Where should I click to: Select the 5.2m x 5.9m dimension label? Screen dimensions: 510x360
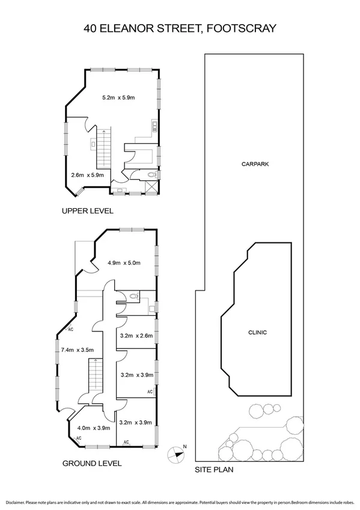119,97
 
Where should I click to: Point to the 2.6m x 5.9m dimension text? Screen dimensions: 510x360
88,175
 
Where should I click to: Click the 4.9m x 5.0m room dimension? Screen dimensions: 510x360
123,262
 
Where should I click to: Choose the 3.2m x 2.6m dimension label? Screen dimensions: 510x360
136,336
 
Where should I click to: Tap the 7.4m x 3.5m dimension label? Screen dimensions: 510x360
78,349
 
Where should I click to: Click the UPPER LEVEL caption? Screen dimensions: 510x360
87,211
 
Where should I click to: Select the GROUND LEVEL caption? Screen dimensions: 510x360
92,463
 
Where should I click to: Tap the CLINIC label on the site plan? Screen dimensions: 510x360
257,333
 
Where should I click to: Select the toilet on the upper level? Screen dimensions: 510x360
153,175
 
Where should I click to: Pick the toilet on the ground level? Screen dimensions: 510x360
135,296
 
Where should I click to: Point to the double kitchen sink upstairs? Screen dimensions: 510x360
154,126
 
